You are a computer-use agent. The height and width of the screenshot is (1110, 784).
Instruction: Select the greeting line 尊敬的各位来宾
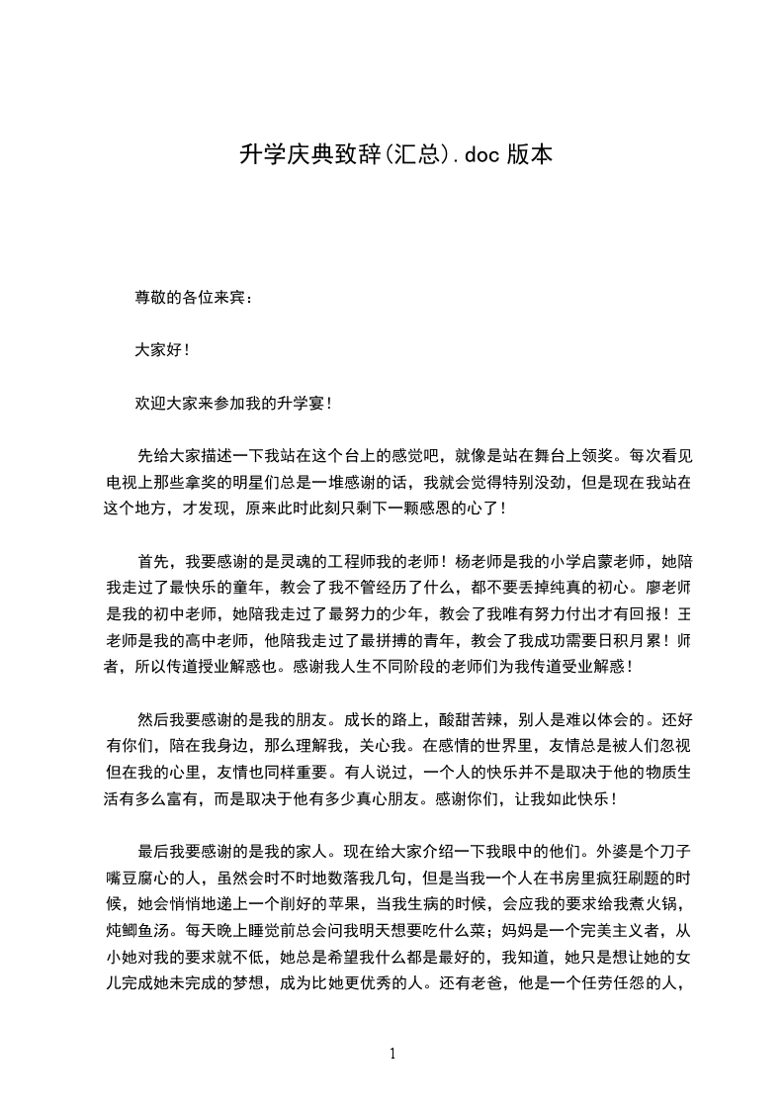coord(194,297)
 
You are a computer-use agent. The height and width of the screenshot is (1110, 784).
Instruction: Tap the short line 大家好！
coord(161,350)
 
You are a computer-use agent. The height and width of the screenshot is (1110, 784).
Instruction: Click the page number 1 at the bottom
coord(392,1055)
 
